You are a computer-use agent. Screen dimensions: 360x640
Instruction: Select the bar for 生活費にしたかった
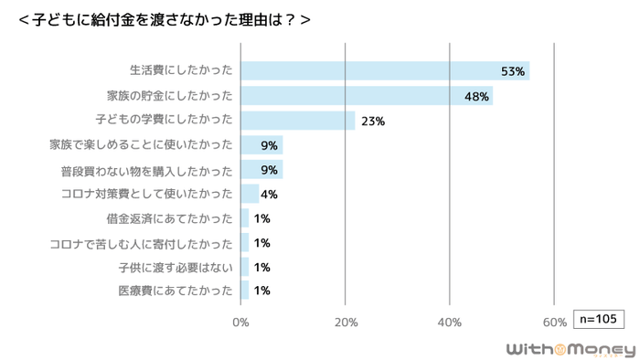point(384,71)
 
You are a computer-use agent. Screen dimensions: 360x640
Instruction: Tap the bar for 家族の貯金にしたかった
point(366,96)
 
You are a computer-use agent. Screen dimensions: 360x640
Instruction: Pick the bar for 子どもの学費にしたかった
point(297,121)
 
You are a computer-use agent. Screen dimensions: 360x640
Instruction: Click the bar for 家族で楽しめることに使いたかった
point(261,145)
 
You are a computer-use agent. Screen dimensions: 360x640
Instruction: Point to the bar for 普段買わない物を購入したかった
point(261,170)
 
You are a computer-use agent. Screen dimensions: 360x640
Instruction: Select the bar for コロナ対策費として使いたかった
point(250,194)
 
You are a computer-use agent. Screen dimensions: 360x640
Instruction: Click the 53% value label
point(512,71)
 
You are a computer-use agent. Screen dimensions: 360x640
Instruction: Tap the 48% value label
point(475,96)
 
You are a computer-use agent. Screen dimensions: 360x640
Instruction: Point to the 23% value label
point(373,121)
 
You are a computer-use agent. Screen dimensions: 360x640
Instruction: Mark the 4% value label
point(269,194)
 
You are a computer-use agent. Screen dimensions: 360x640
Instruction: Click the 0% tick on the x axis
point(240,322)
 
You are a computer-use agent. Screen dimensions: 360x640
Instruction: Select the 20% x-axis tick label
point(345,322)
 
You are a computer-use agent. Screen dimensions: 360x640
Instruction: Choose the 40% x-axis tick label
point(450,322)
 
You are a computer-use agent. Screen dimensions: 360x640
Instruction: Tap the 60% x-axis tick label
point(554,322)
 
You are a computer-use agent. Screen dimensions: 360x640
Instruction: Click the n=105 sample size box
point(599,319)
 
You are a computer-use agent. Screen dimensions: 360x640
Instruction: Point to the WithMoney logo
point(571,349)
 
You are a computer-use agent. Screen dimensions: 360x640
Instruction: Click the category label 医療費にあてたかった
point(176,291)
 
